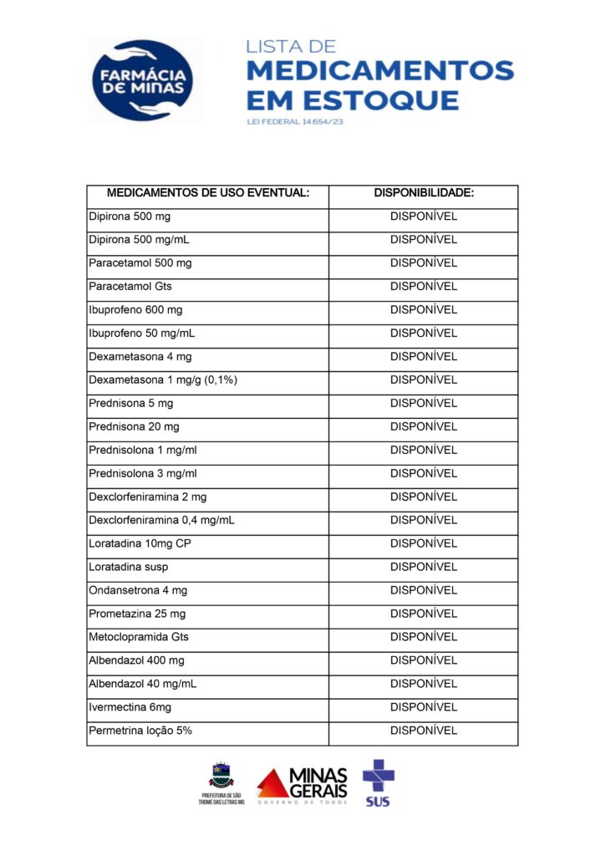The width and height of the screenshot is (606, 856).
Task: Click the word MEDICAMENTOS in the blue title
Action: click(380, 71)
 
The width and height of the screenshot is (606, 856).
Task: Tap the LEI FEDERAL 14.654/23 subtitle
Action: click(296, 122)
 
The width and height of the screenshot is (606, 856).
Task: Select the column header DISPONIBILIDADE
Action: click(424, 193)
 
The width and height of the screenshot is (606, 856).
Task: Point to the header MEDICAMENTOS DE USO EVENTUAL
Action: click(208, 193)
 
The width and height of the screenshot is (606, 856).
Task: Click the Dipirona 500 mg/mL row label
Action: click(139, 240)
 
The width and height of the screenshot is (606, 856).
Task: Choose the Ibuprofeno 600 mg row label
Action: click(135, 310)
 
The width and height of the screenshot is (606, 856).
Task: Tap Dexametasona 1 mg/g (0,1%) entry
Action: click(164, 380)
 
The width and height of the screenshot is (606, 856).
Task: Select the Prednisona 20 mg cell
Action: click(134, 427)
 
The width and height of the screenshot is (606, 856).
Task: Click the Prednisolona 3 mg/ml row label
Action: click(143, 474)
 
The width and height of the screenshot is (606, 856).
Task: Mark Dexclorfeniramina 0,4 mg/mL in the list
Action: click(161, 521)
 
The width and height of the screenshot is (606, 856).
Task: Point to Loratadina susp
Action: click(128, 568)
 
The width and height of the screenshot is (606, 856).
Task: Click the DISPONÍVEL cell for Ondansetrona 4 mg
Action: click(424, 591)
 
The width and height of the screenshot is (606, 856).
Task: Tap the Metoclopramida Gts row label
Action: click(139, 638)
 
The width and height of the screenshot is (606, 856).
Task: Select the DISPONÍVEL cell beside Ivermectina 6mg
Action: click(424, 708)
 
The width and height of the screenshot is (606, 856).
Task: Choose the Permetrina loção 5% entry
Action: click(140, 731)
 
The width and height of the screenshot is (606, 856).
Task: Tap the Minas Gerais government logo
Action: click(302, 786)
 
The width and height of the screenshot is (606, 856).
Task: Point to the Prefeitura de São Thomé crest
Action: click(222, 782)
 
